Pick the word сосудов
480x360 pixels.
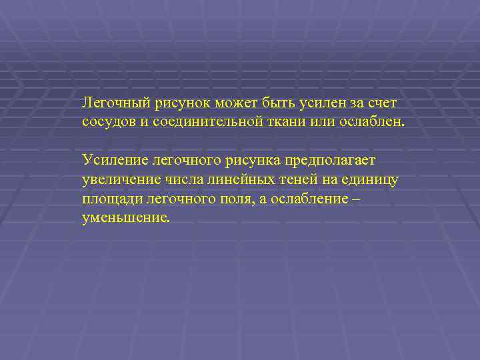click(107, 123)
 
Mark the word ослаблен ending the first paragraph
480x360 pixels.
click(375, 123)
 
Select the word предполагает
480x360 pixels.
click(331, 161)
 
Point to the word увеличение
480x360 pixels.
click(118, 180)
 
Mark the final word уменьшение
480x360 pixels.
click(126, 218)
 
